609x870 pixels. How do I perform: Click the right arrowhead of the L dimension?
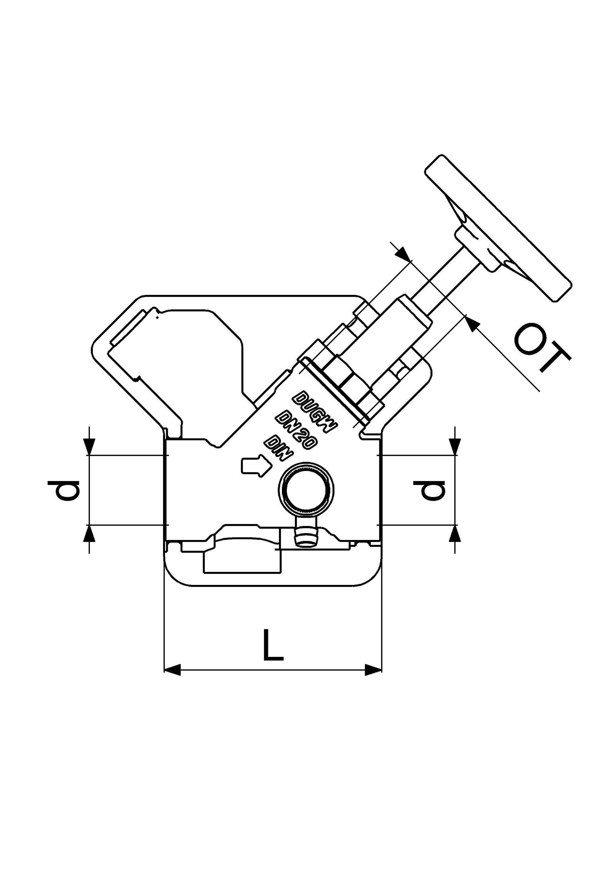[x=373, y=670]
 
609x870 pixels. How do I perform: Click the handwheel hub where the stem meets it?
[x=477, y=249]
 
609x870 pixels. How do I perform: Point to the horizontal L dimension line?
[x=273, y=670]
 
